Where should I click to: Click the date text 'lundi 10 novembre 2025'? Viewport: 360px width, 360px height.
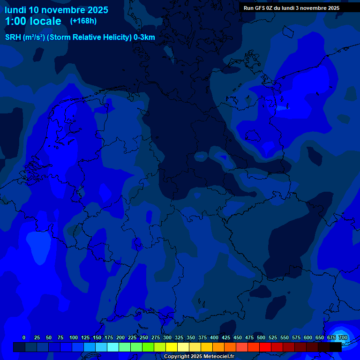[56, 10]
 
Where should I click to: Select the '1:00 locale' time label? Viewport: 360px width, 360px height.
[33, 21]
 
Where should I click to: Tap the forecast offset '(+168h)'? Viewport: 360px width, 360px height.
[83, 21]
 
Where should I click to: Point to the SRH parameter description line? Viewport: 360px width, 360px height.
[80, 37]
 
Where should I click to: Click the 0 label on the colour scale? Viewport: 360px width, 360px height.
[24, 337]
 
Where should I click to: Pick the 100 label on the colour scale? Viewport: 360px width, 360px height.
[74, 337]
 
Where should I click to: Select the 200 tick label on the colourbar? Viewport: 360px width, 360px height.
[120, 337]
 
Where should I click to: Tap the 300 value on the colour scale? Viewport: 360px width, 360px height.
[167, 337]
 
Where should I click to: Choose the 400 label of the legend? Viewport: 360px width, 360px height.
[214, 337]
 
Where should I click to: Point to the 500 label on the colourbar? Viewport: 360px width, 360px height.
[261, 337]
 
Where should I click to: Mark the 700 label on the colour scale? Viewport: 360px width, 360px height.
[343, 337]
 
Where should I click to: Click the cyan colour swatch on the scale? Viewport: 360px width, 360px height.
[113, 347]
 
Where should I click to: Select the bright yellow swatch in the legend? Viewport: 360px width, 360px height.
[172, 347]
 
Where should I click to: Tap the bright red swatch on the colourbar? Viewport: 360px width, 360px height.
[265, 347]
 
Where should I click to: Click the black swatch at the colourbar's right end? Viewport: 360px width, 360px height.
[336, 347]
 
